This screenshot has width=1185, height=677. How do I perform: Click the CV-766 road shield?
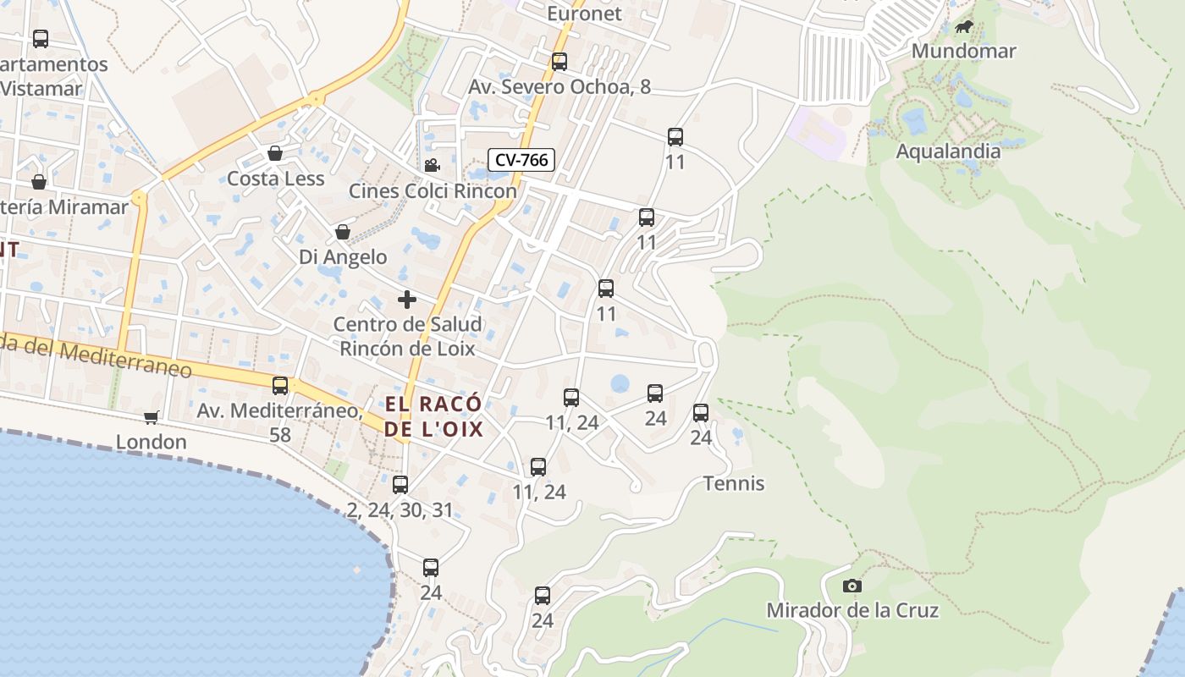521,159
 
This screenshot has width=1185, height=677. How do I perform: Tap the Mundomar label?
963,51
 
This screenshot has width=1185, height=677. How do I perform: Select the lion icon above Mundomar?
963,28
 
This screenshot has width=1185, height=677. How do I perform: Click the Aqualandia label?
948,151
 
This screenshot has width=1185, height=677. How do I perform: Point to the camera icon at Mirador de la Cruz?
852,586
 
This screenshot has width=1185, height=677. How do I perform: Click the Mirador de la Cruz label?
852,610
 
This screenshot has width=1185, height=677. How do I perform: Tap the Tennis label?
734,483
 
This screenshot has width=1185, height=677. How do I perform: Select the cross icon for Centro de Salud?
407,300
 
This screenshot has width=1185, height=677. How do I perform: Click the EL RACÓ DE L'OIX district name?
433,416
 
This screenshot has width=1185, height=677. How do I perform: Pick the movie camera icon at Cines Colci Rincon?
432,165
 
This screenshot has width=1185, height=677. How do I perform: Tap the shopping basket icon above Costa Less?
275,153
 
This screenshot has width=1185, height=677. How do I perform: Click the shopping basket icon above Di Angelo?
342,232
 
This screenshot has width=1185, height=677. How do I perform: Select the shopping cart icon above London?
152,417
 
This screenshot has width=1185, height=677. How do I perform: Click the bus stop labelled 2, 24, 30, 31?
400,485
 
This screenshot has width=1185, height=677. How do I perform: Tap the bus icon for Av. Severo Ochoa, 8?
559,62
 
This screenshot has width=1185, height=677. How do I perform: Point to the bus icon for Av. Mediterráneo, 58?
280,386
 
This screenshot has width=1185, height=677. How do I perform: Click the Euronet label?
584,14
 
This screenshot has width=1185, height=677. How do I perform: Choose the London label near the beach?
151,442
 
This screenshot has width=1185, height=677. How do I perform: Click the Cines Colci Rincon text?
433,191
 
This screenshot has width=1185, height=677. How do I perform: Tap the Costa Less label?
275,179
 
